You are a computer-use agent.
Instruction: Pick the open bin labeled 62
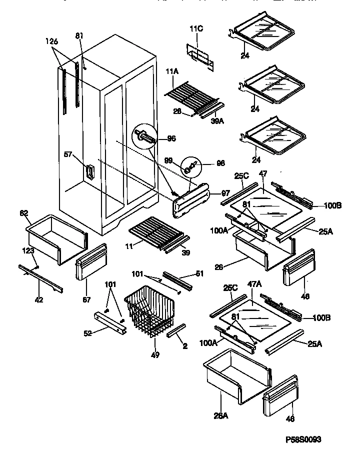coord(57,237)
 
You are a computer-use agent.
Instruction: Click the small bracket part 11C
coord(199,54)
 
